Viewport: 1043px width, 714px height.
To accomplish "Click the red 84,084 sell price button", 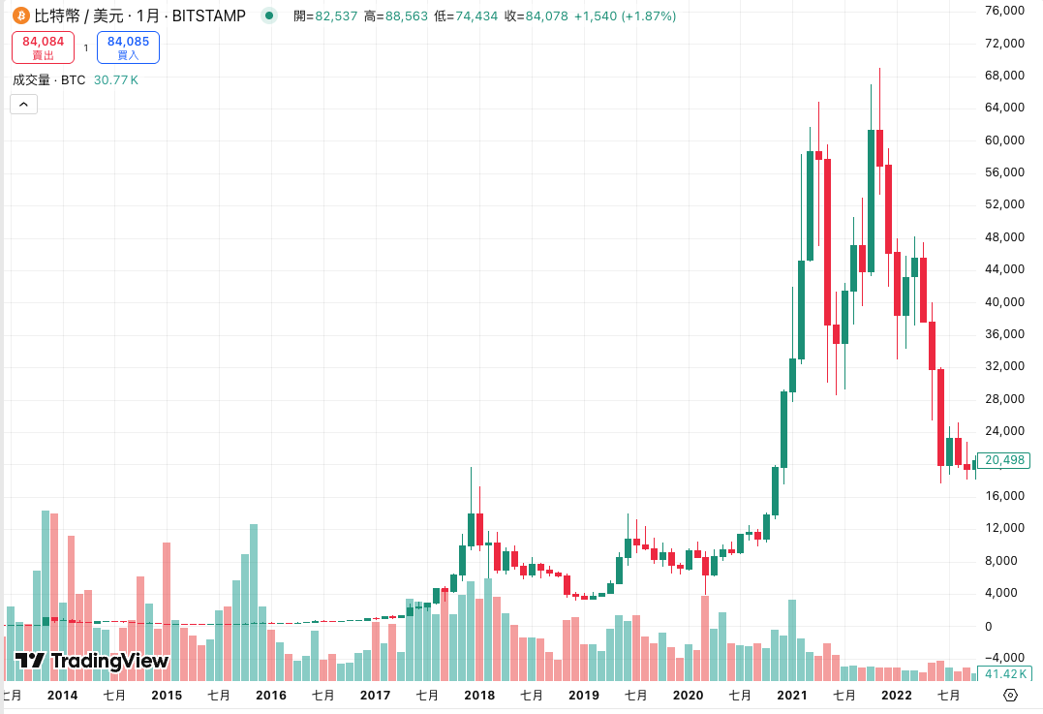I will click(x=43, y=47).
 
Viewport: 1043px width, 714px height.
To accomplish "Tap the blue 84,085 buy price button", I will click(x=128, y=47).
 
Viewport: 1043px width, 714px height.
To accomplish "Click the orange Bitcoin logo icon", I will click(x=19, y=16).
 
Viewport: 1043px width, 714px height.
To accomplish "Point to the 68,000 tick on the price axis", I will click(x=1004, y=76).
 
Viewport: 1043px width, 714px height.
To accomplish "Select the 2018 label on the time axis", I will click(x=479, y=695).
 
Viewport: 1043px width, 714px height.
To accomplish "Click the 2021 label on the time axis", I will click(x=792, y=695).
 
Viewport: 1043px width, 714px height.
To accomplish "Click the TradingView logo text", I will click(x=93, y=662).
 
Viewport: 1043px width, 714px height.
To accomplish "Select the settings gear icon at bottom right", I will click(x=1010, y=695).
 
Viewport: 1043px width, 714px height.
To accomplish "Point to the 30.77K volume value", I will click(x=116, y=79).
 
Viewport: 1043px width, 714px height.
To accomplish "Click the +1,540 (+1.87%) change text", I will click(x=625, y=16).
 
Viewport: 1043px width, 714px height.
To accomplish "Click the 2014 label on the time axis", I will click(x=63, y=695).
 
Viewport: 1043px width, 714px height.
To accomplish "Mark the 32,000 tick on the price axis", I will click(x=1004, y=366).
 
